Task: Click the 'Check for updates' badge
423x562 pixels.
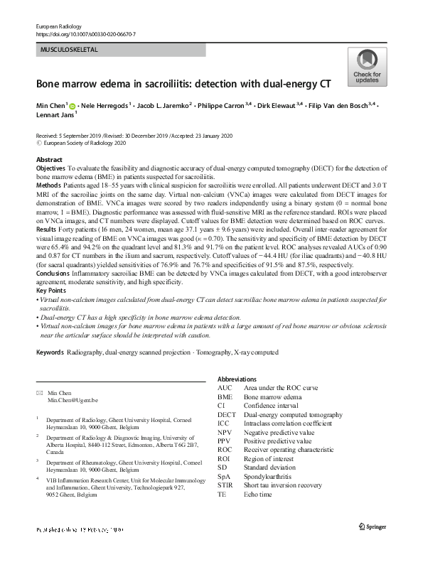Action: click(x=366, y=67)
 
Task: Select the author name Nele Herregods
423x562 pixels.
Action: click(x=107, y=106)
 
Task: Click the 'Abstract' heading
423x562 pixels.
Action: click(x=49, y=160)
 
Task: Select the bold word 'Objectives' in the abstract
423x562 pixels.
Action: click(x=50, y=168)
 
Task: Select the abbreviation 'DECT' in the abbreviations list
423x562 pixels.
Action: click(x=228, y=414)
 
